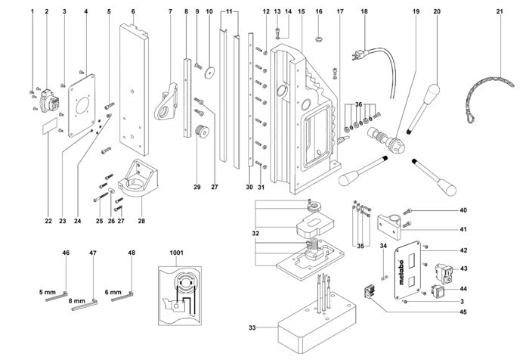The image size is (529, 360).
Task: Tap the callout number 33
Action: (253, 328)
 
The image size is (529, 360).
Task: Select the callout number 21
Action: (500, 11)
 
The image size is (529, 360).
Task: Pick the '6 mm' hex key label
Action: (112, 291)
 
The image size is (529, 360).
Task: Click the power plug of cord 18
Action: (359, 55)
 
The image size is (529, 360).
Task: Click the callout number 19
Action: (416, 11)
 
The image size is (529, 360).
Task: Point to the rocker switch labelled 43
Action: (444, 271)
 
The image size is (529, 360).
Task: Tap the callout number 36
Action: (359, 104)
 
